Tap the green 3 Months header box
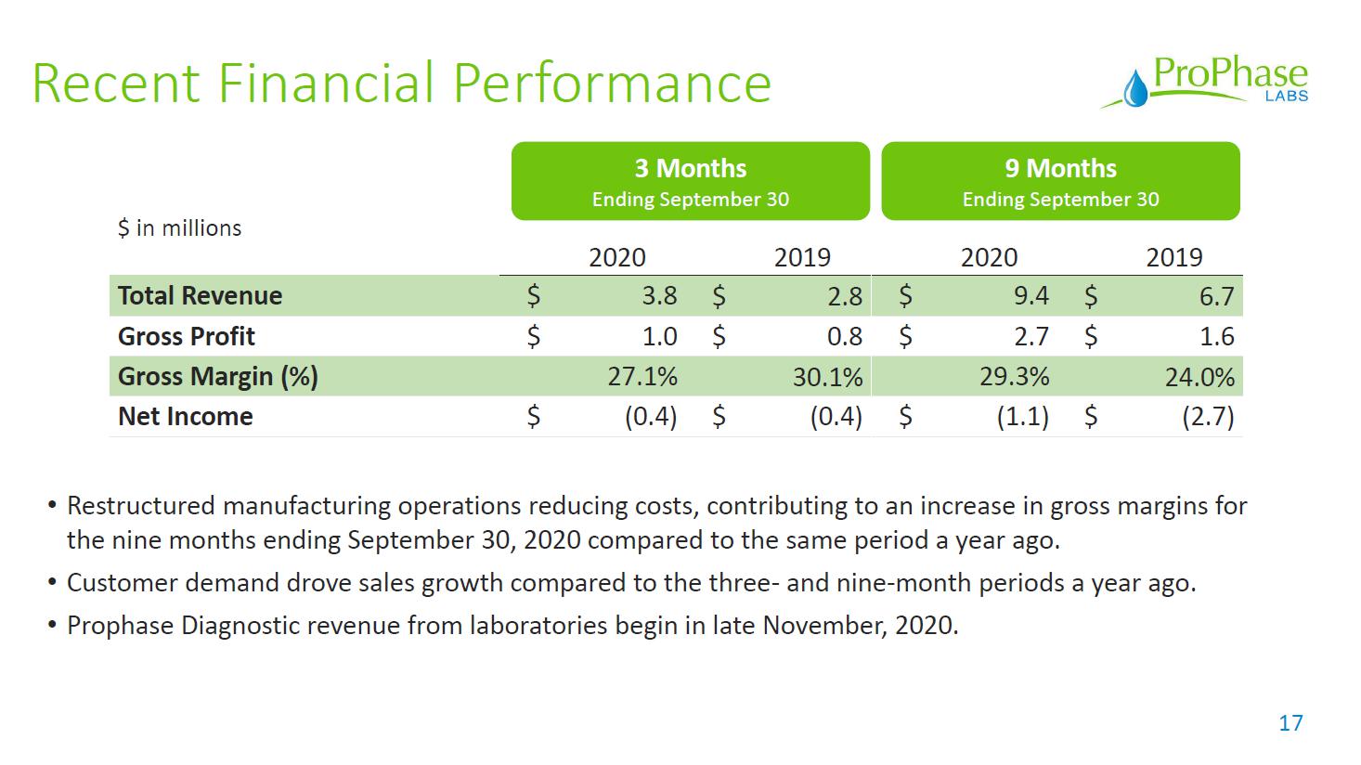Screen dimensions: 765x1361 click(690, 181)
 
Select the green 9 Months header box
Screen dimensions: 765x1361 click(1060, 181)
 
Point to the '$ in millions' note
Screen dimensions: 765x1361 click(179, 228)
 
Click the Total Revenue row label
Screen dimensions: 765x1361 click(200, 296)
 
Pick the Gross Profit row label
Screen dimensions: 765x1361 click(186, 336)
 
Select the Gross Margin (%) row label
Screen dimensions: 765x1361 click(217, 376)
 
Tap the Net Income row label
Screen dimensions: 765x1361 click(185, 416)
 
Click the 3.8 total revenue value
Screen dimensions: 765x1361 click(659, 296)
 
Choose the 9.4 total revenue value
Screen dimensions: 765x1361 click(1031, 296)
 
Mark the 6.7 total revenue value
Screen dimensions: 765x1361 click(1216, 296)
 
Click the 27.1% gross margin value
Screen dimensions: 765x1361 click(642, 376)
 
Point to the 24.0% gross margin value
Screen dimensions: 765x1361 click(1199, 377)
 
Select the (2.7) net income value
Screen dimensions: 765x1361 click(1208, 417)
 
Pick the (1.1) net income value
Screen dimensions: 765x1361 click(1022, 417)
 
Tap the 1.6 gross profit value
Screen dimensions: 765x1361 click(1216, 336)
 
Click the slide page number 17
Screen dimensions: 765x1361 click(1290, 723)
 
